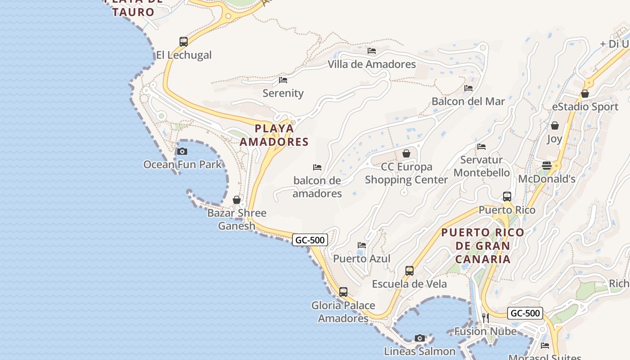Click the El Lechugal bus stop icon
coord(183,42)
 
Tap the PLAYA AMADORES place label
coord(274,135)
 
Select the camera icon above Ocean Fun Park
coord(182,151)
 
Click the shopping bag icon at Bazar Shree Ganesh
coord(237,200)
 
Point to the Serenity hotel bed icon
coord(283,80)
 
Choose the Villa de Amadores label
coord(372,64)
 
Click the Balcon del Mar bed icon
coord(468,88)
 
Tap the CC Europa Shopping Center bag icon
coord(406,154)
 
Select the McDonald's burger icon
coord(547,166)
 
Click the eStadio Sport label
coord(585,107)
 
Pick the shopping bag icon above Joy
coord(555,126)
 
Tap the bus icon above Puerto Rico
coord(507,197)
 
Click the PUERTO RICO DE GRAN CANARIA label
coord(483,246)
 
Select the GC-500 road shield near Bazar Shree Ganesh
coord(310,240)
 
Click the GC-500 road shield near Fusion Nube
coord(525,313)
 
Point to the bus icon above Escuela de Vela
coord(409,271)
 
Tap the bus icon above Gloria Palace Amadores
coord(343,292)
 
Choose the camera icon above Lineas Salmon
coord(420,338)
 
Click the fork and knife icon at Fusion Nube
coord(486,318)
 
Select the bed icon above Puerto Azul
coord(362,245)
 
